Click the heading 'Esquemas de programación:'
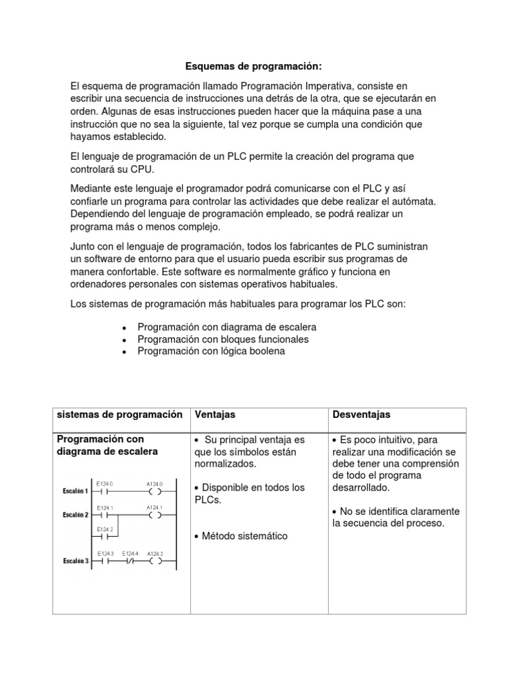pos(254,66)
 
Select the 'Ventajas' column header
pos(215,415)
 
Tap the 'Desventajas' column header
pos(362,415)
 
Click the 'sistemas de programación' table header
pos(119,415)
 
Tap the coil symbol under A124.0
pos(155,491)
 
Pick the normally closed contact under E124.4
pos(129,562)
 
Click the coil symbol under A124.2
pos(155,562)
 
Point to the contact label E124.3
pos(106,553)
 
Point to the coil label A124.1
pos(154,508)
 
